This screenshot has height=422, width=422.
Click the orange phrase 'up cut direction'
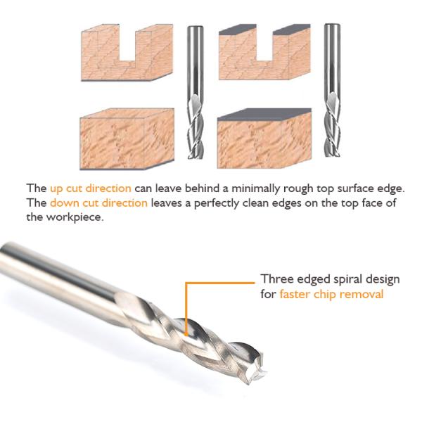(90, 189)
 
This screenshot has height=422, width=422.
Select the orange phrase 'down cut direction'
(98, 203)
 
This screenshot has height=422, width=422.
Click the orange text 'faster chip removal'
(331, 293)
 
